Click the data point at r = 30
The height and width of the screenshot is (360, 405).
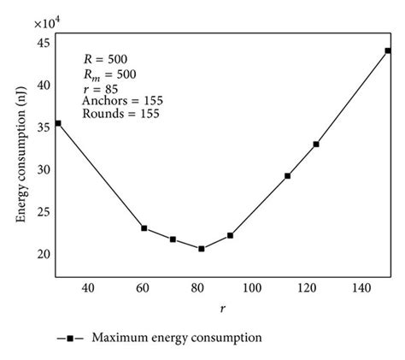click(x=58, y=123)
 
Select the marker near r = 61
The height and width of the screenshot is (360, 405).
click(x=144, y=228)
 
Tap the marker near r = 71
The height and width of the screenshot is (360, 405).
click(x=173, y=239)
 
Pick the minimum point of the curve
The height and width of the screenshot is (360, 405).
click(x=202, y=249)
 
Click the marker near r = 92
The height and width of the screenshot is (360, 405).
click(x=231, y=235)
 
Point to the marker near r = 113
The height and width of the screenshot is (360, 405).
click(x=287, y=176)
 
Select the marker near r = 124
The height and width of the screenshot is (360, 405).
click(x=316, y=145)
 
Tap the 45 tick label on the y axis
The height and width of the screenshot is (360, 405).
click(x=44, y=44)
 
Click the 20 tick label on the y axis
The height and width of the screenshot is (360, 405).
click(x=44, y=254)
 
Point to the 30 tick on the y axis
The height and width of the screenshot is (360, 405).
click(x=44, y=170)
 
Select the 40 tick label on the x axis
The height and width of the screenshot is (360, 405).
click(x=87, y=290)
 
